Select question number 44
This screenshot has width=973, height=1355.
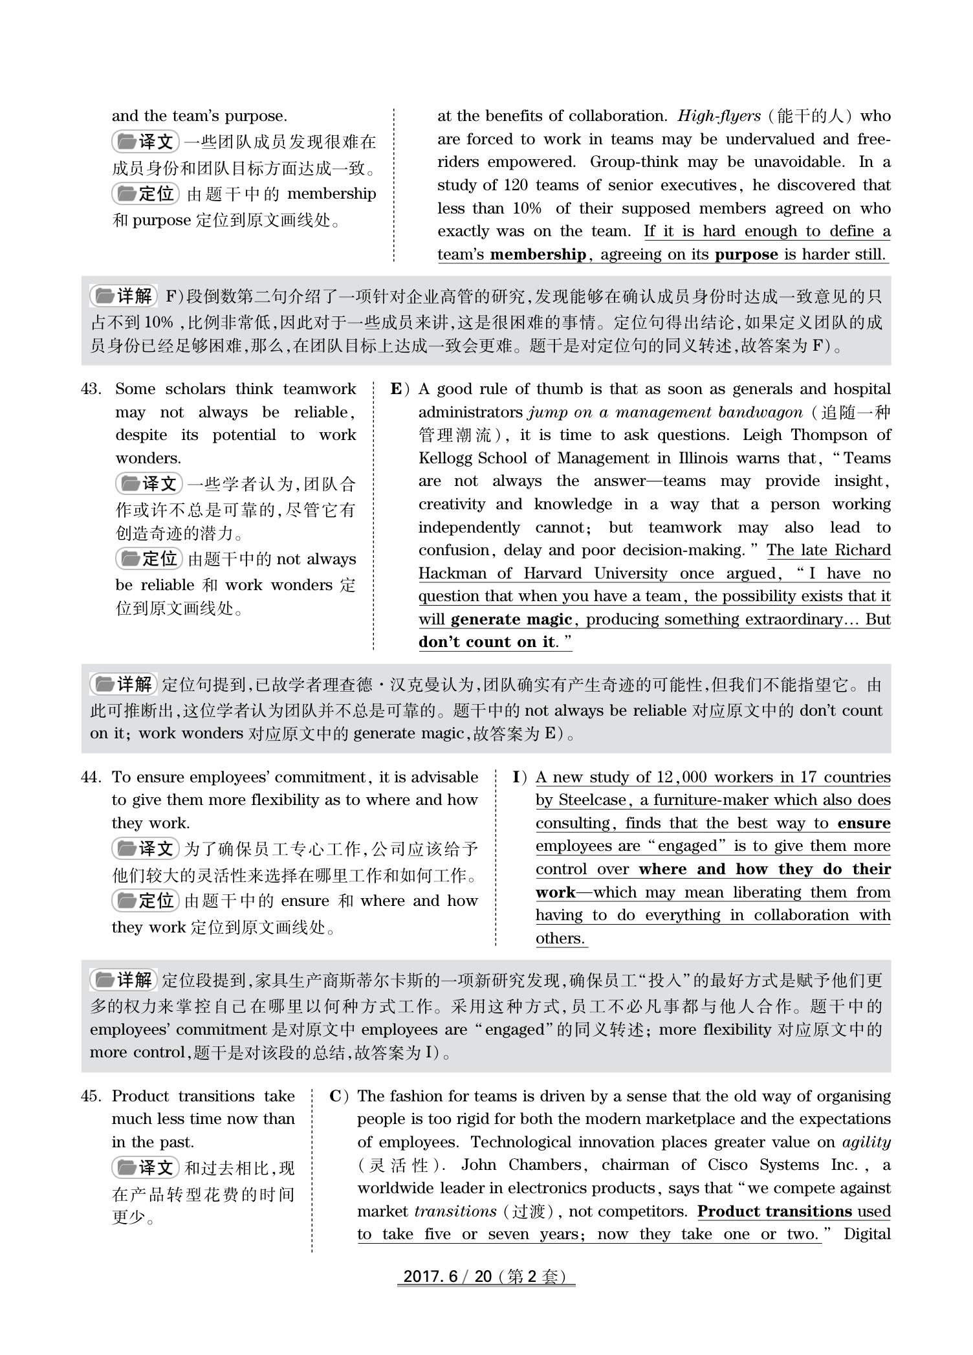[x=91, y=777]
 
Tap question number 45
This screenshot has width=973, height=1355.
[x=91, y=1096]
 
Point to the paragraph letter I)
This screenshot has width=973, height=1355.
[x=520, y=777]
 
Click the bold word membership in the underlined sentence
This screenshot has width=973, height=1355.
[x=538, y=254]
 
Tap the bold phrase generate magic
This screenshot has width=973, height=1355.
[x=511, y=619]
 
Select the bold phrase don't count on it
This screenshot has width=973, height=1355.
[x=486, y=642]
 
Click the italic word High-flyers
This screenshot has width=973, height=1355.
[x=719, y=116]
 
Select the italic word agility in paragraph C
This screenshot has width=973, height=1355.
[x=866, y=1142]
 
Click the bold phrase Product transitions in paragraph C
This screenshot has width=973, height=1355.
[x=774, y=1211]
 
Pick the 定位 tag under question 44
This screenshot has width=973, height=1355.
[x=146, y=900]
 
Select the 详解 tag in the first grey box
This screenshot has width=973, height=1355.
[x=124, y=296]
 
